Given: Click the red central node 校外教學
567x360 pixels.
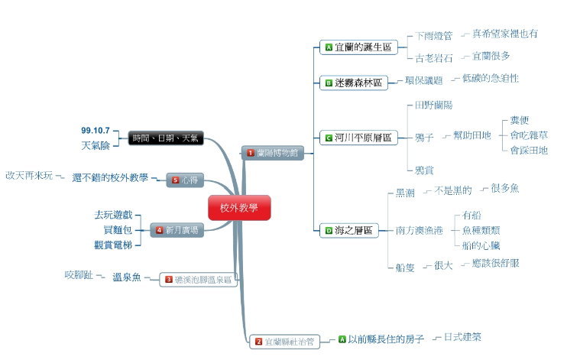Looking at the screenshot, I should point(239,208).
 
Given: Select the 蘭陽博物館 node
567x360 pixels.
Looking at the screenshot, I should point(273,153).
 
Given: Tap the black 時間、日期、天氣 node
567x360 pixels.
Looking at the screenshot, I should point(165,138).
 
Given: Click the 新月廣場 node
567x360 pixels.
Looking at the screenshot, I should point(177,229).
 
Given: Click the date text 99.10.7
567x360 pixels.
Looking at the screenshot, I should point(96,130).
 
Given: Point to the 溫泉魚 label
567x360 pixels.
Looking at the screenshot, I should point(126,277).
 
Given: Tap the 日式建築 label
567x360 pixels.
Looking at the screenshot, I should point(462,336).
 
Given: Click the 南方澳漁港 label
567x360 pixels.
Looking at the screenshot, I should point(420,229).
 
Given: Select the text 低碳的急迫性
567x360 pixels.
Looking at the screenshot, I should point(491,79).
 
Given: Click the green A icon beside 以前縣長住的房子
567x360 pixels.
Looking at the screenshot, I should point(342,338).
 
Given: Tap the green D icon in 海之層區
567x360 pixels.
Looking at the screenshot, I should point(329,229).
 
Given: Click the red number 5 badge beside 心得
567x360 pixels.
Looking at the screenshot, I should point(175,180).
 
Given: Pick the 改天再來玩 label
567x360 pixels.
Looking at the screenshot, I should point(29,176).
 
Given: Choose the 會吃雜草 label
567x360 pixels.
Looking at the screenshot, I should point(529,135).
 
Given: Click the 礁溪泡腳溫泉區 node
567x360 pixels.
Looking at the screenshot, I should point(198,280).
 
